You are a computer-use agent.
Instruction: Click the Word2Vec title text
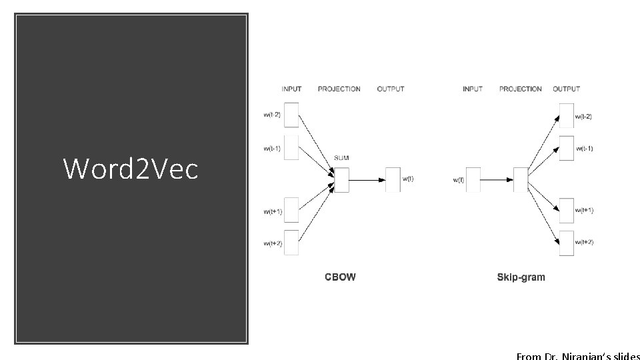coord(131,169)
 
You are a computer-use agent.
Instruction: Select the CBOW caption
coord(340,277)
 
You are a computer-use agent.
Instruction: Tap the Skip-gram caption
coord(521,277)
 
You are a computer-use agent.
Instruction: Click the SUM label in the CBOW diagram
coord(341,158)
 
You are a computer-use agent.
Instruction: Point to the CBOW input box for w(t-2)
coord(291,115)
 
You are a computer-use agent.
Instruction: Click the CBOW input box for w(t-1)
coord(291,147)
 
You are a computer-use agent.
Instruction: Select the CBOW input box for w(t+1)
coord(291,211)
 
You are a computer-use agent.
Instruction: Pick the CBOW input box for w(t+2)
coord(291,243)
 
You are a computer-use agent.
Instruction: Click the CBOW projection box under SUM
coord(341,180)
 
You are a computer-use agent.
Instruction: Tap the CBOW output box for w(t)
coord(393,180)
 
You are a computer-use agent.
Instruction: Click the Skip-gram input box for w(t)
coord(473,180)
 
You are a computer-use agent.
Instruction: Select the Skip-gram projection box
coord(521,180)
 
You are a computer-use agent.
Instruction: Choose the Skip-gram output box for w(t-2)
coord(567,115)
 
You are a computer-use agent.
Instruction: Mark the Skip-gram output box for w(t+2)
coord(567,243)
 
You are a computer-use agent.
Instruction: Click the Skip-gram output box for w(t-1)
coord(567,147)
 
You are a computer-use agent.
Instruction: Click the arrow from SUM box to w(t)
coord(367,180)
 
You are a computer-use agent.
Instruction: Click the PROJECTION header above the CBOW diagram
coord(339,89)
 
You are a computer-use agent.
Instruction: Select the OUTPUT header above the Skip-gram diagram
coord(566,89)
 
